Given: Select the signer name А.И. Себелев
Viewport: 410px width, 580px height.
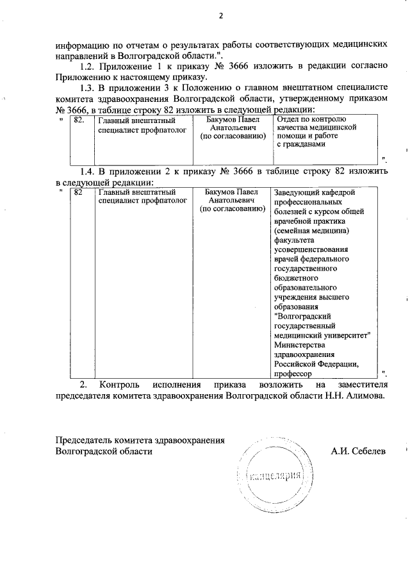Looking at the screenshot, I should (358, 451).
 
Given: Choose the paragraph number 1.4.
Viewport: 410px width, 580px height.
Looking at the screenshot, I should (88, 172).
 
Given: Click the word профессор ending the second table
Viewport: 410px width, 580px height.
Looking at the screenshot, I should (293, 373).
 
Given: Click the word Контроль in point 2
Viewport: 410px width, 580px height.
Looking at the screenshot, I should (121, 385).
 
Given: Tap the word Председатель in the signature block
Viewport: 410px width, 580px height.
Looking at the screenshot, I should (84, 440).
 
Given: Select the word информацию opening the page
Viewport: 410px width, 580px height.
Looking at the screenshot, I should (83, 46).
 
